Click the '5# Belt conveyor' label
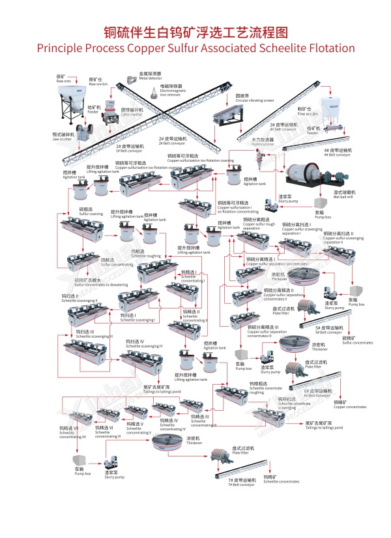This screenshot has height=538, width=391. coord(331,330)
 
